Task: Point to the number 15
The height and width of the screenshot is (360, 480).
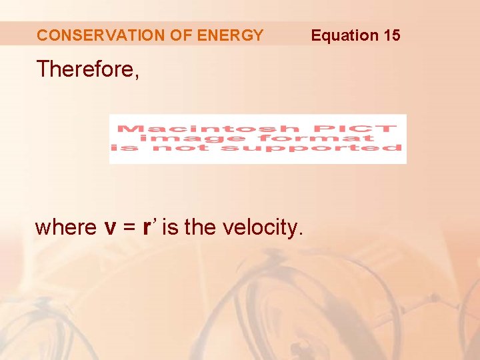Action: [x=391, y=35]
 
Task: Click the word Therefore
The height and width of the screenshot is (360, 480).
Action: [x=87, y=69]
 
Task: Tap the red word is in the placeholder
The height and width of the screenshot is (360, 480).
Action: [x=125, y=147]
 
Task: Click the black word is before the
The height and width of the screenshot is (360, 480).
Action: [x=170, y=227]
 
